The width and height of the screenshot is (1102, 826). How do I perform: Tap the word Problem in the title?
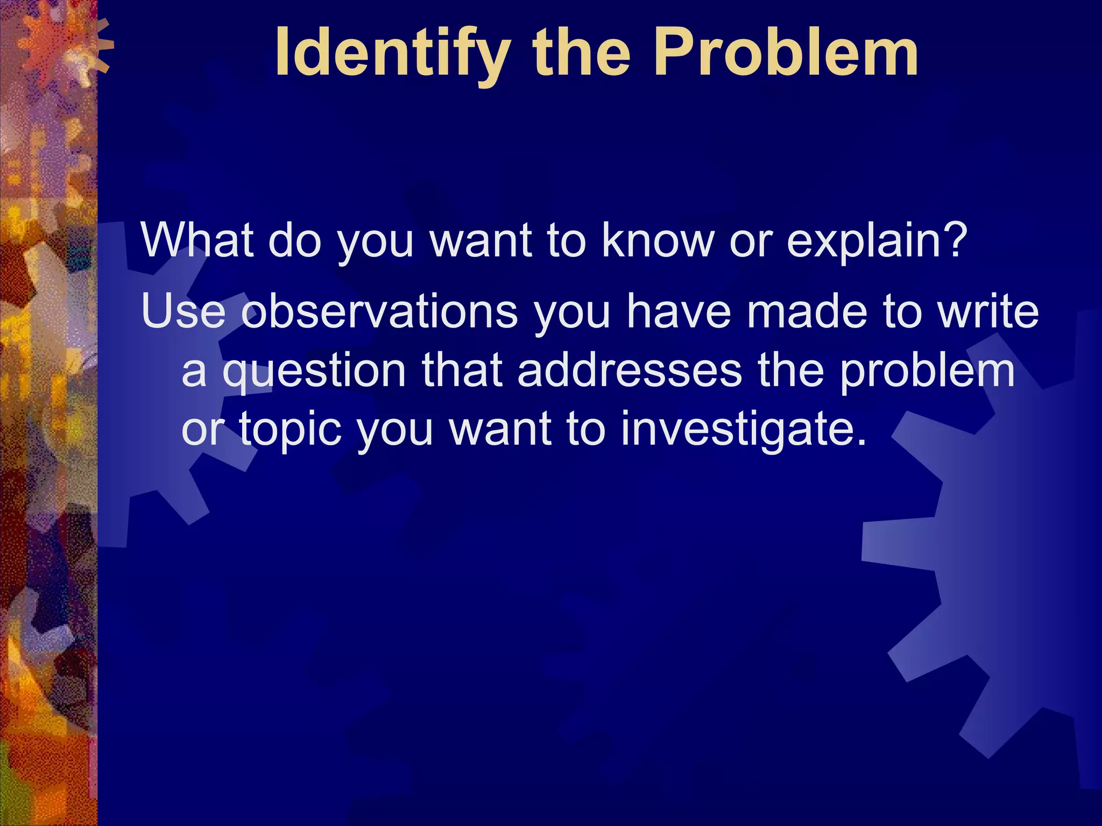786,54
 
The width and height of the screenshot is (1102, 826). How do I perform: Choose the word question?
314,372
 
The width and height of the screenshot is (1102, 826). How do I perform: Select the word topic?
291,430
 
